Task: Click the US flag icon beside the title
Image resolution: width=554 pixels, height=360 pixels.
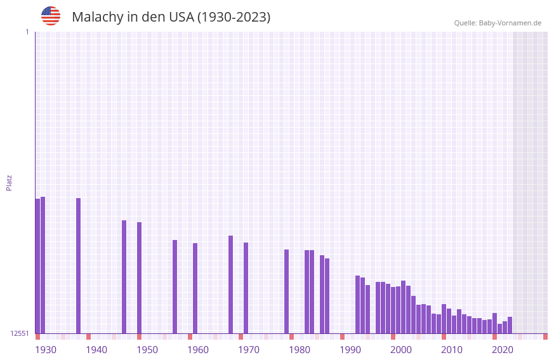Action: [x=51, y=16]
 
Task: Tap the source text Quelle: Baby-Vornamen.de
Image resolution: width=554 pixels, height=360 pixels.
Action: [x=498, y=23]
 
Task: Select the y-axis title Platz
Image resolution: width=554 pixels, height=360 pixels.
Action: [x=9, y=182]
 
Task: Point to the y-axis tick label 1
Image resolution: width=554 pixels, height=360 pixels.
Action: [x=27, y=32]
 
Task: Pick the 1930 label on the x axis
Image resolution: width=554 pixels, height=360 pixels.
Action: [x=46, y=350]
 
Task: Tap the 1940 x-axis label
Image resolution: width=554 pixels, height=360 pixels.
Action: [x=96, y=350]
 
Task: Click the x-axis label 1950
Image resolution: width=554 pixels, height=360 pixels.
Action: [x=147, y=350]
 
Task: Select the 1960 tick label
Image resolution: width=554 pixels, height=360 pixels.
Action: [x=198, y=350]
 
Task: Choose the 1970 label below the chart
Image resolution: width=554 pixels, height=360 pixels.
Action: [x=249, y=350]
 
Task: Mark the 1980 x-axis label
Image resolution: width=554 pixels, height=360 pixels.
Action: [x=300, y=350]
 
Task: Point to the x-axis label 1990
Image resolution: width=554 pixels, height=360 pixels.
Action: [x=350, y=350]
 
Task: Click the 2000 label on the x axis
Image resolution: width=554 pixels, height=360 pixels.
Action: [x=401, y=350]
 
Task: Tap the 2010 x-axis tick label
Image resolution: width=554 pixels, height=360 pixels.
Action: [x=452, y=350]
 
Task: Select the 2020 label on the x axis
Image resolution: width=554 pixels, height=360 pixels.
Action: [x=503, y=350]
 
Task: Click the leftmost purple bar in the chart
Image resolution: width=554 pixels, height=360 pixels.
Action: [x=37, y=267]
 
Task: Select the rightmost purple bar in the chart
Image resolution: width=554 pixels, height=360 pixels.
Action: [x=510, y=325]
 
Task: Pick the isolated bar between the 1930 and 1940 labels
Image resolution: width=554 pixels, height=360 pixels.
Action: [x=78, y=267]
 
